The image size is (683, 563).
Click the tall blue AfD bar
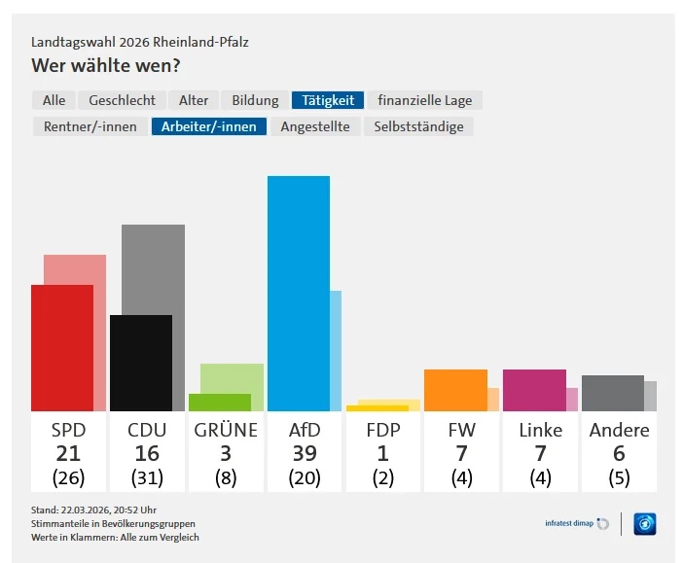(x=298, y=293)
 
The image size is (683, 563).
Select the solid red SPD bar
(x=61, y=347)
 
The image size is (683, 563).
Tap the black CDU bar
(x=140, y=363)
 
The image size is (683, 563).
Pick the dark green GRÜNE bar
(x=219, y=402)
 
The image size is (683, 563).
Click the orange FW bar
(x=454, y=390)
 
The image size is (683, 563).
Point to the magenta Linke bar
(x=533, y=390)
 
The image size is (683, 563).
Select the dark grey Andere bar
(x=612, y=393)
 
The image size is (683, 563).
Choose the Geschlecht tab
(x=122, y=100)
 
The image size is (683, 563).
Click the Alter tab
(x=194, y=100)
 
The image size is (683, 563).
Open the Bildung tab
(x=255, y=100)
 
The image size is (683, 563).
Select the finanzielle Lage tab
(x=426, y=100)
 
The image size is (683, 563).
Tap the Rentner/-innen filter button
(x=90, y=126)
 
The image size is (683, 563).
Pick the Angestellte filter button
(x=315, y=126)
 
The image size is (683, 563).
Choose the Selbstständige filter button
(x=418, y=126)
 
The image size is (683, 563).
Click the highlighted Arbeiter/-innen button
(x=208, y=126)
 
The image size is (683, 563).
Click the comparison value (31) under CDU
(x=147, y=477)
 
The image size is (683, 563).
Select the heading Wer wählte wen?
(x=106, y=66)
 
